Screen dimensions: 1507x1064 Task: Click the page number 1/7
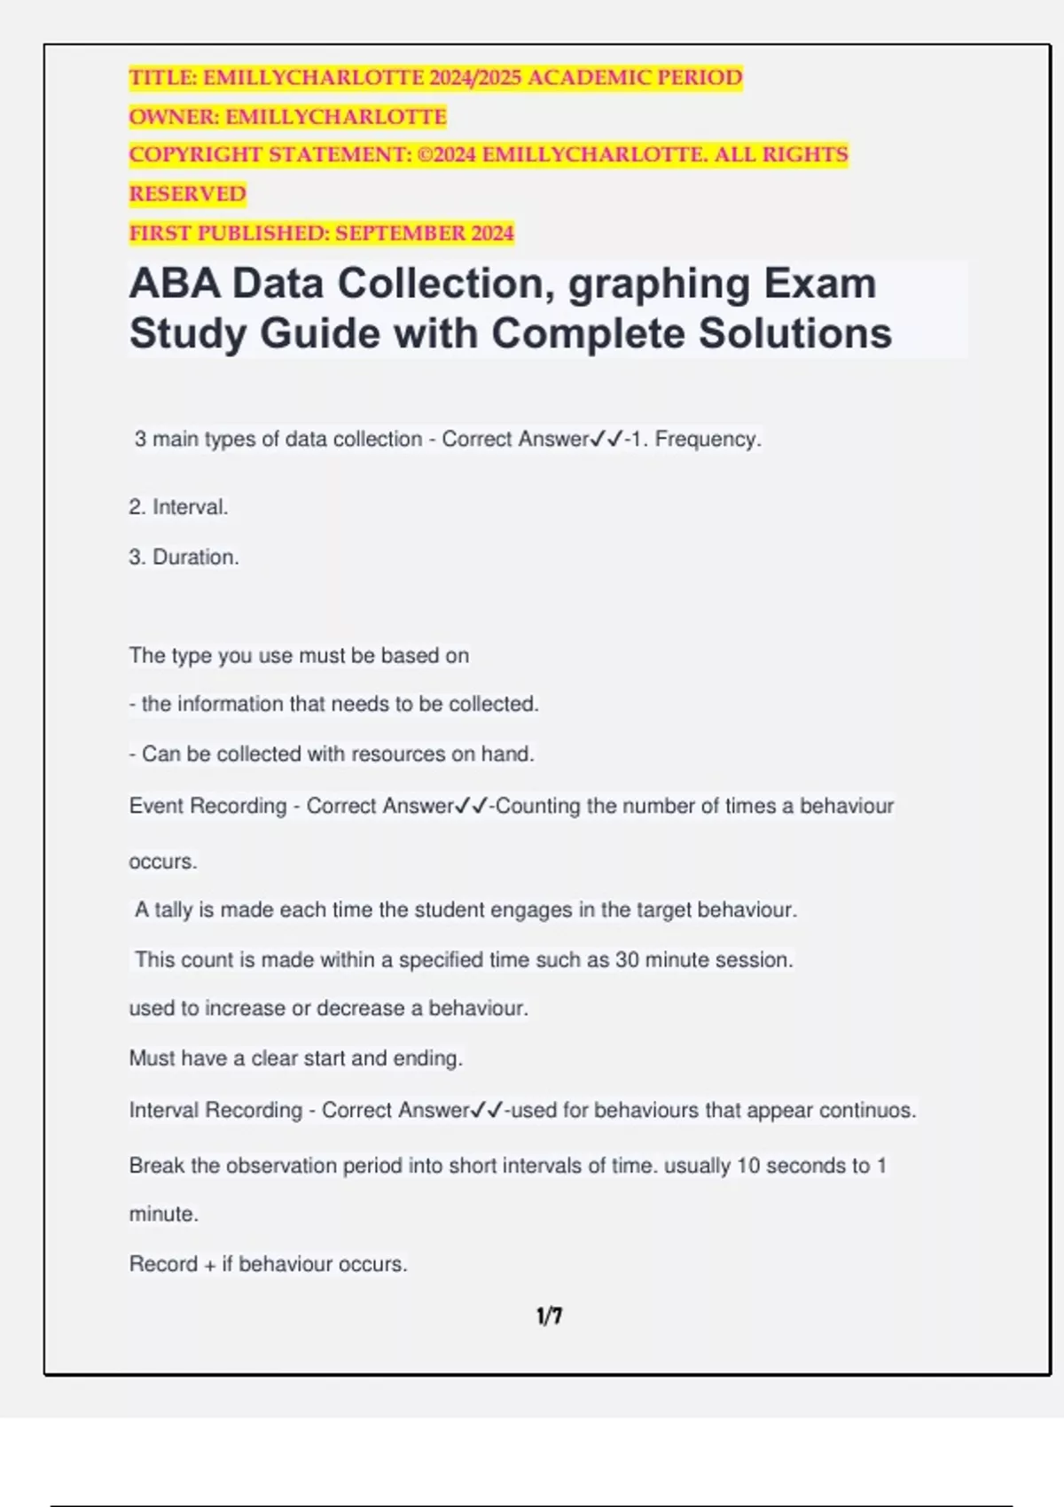(549, 1316)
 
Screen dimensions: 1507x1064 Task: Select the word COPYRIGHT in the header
(195, 155)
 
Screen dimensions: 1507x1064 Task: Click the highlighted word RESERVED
(187, 194)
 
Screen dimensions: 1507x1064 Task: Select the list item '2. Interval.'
(178, 507)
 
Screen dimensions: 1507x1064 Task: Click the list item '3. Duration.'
(184, 557)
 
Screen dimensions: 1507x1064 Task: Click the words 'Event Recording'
(207, 806)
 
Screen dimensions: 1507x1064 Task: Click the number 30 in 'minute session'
(627, 959)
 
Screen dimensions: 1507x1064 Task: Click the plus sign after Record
(210, 1264)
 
